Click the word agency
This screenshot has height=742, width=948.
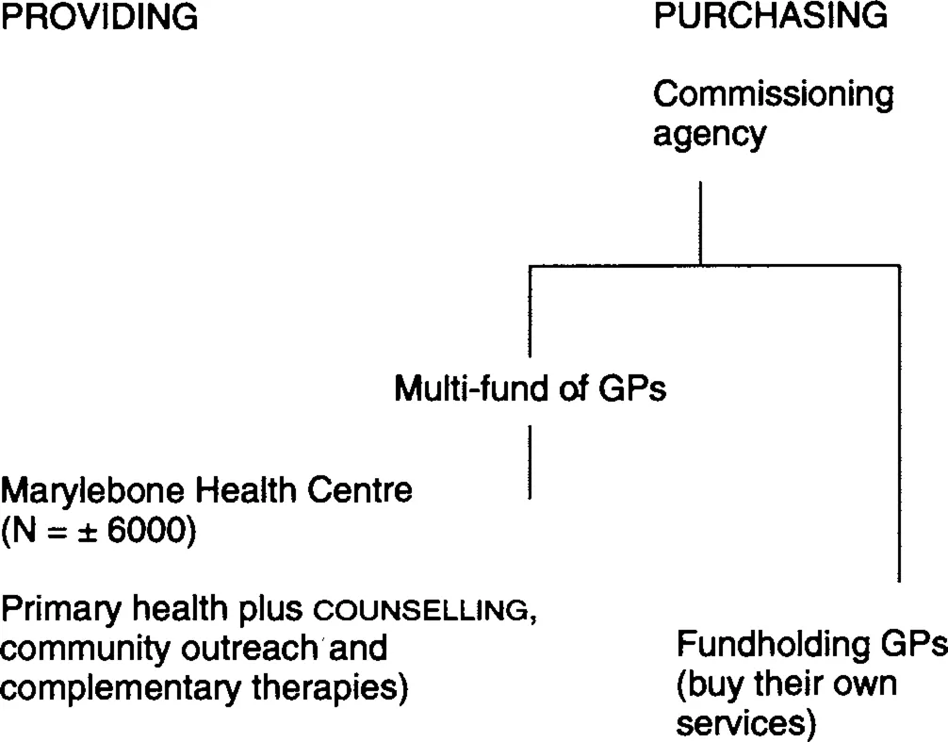click(709, 136)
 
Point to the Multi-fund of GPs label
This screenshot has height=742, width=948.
click(531, 389)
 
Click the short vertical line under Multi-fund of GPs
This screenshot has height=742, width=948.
click(531, 462)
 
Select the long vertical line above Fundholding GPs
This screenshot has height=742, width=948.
click(900, 424)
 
